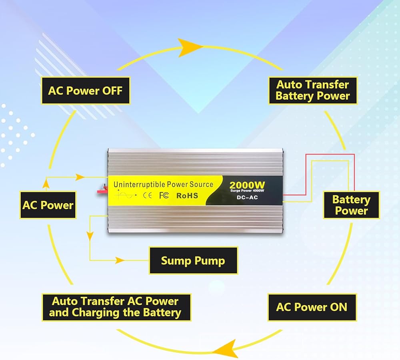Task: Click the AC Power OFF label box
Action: (85, 90)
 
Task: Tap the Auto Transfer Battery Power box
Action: (312, 90)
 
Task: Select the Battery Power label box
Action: (351, 205)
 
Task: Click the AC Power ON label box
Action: (312, 307)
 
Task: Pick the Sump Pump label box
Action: (193, 261)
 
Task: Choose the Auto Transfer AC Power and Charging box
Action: (116, 307)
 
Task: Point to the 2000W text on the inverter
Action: (247, 185)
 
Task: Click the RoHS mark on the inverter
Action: (187, 195)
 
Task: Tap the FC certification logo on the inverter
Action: (163, 195)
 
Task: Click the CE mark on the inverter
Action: (147, 196)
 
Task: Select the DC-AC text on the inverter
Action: (247, 198)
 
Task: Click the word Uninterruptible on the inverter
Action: (139, 185)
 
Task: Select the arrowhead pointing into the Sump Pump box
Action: (120, 261)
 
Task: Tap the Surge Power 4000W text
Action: (247, 191)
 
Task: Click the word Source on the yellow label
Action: (202, 184)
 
